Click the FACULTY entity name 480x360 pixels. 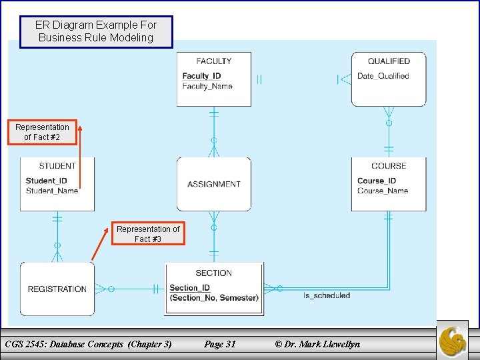click(x=214, y=61)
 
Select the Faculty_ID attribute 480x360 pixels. click(x=201, y=76)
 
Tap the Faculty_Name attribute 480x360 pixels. click(x=207, y=86)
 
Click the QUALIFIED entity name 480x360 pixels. click(x=389, y=61)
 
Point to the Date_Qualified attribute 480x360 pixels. click(x=383, y=76)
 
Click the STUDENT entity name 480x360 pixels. click(x=57, y=166)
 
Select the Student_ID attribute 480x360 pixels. click(x=46, y=181)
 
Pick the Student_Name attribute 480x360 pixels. click(x=52, y=191)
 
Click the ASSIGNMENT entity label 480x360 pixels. click(x=214, y=185)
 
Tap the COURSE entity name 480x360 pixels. click(x=389, y=166)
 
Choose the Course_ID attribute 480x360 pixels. click(x=377, y=181)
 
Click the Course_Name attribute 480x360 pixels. click(x=383, y=191)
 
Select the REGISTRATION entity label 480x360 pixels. click(x=57, y=289)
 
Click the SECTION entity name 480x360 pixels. click(x=214, y=273)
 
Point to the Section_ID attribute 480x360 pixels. click(x=190, y=288)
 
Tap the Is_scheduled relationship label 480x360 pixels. click(x=327, y=295)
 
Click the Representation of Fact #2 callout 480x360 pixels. click(x=43, y=132)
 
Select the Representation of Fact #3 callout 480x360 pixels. click(x=148, y=233)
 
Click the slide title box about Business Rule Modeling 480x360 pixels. click(x=96, y=31)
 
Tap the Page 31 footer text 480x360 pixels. click(x=220, y=344)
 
